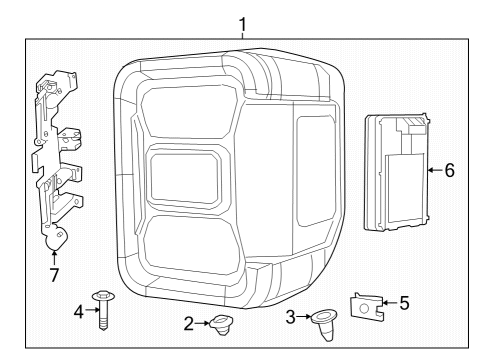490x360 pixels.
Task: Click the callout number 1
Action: (242, 21)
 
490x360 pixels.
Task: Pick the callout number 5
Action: (403, 301)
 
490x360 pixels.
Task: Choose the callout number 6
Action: (449, 170)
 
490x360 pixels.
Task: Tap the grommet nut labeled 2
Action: (218, 323)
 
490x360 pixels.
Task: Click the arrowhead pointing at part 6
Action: (428, 170)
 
